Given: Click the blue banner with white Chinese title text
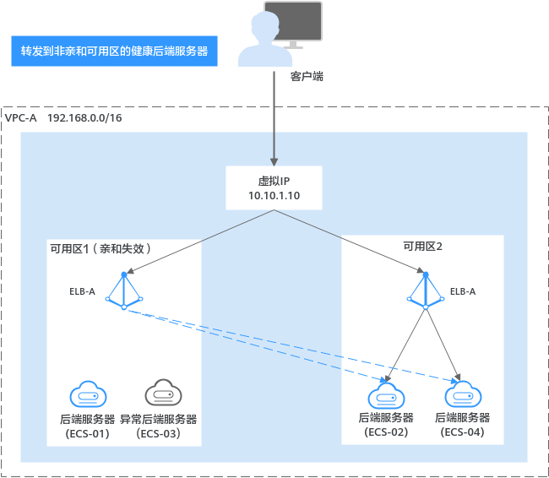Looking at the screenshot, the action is [x=114, y=52].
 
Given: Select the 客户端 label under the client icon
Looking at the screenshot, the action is [x=307, y=76].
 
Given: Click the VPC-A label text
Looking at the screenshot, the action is [x=20, y=118].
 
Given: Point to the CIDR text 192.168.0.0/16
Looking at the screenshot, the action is [x=84, y=118].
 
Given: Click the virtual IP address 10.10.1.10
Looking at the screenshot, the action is [x=274, y=195].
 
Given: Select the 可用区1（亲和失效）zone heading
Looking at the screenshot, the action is [x=101, y=248].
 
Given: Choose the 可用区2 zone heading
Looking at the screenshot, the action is [x=422, y=247].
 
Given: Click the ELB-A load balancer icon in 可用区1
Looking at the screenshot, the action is [x=124, y=291].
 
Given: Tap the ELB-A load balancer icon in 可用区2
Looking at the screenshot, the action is [x=426, y=291].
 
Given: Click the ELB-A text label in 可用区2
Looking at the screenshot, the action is [x=463, y=291].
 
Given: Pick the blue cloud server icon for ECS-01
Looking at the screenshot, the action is [x=88, y=394].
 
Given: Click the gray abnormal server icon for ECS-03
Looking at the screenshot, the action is [x=163, y=392].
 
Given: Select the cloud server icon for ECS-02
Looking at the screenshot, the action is [x=386, y=396].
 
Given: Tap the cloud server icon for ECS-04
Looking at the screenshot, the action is [x=463, y=394].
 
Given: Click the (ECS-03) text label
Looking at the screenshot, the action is [x=159, y=433].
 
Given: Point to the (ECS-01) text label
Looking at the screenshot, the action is [x=88, y=433].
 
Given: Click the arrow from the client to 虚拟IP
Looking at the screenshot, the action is [x=274, y=119].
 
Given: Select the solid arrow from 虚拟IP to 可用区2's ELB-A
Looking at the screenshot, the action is [x=350, y=242].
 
